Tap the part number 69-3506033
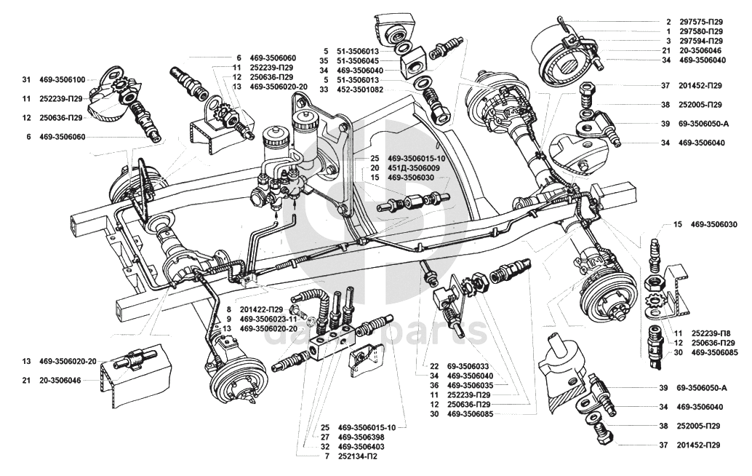pos(471,366)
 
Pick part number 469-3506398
pos(364,437)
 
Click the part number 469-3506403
pos(364,446)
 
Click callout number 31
pos(26,79)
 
